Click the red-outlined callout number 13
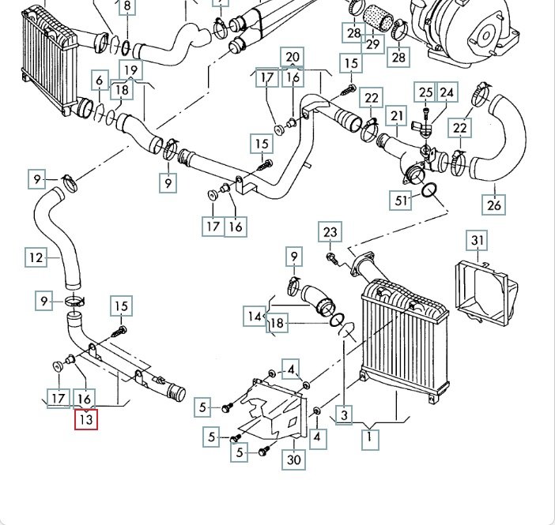tap(85, 420)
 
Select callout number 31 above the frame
tap(477, 241)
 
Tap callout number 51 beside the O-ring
tap(402, 201)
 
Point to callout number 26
tap(494, 205)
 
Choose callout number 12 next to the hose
tap(36, 257)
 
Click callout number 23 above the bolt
tap(330, 232)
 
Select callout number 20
tap(293, 57)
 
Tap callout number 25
tap(426, 93)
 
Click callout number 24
tap(447, 93)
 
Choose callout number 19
tap(131, 70)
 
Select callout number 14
tap(254, 317)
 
